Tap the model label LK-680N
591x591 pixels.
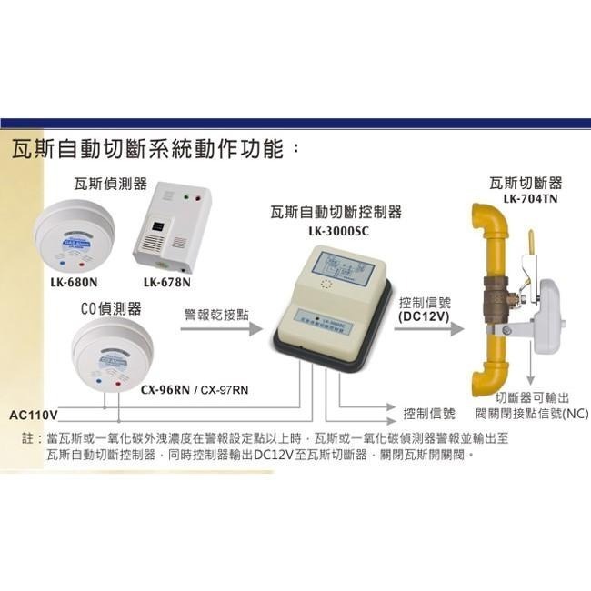pyautogui.click(x=74, y=282)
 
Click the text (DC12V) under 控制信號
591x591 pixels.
pyautogui.click(x=425, y=317)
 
